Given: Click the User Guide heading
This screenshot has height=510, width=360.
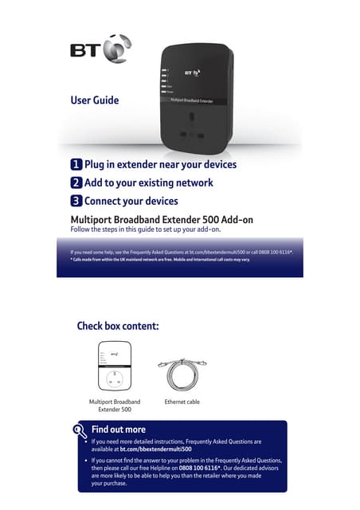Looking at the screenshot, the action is (95, 100).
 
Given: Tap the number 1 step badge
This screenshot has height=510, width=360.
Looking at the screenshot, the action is (76, 165).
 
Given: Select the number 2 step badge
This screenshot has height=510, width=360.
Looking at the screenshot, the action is (76, 183).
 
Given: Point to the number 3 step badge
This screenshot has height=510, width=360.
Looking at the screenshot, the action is (76, 201).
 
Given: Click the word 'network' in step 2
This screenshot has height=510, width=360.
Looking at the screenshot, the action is (192, 183).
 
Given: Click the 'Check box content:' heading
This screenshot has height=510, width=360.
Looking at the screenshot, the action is (117, 326).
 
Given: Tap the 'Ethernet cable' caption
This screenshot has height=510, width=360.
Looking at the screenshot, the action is (182, 402).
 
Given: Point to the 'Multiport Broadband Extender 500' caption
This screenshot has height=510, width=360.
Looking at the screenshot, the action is (115, 406).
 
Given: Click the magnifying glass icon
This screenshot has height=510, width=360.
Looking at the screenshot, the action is (80, 432).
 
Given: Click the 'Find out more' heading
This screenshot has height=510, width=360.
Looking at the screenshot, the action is (119, 430).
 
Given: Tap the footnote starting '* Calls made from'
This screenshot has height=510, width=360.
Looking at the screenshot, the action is (160, 260).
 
